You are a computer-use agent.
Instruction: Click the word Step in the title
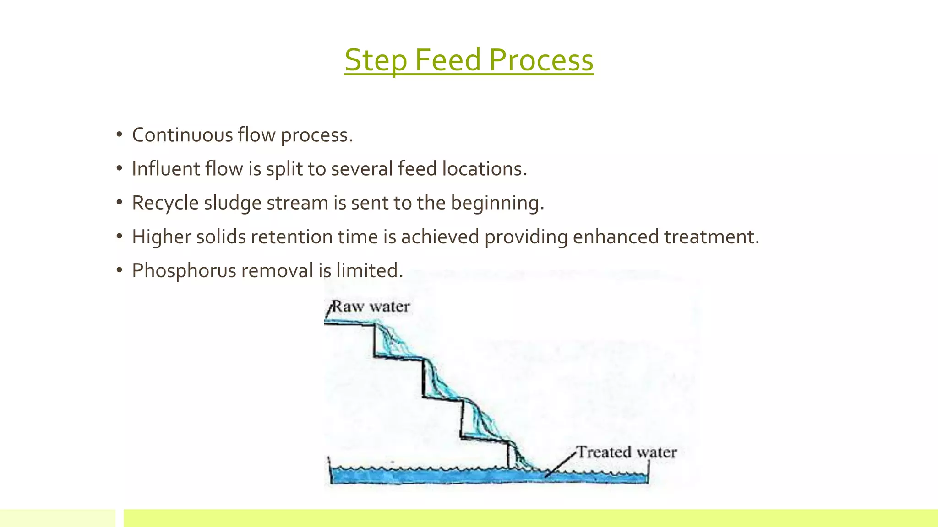click(375, 60)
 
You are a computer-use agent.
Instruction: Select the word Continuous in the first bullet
click(182, 135)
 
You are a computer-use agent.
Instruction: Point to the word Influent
click(166, 169)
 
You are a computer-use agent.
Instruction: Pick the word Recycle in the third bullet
click(165, 203)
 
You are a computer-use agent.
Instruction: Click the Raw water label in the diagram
click(370, 307)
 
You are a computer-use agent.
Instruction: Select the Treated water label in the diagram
click(626, 452)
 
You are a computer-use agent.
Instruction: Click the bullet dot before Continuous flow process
click(120, 135)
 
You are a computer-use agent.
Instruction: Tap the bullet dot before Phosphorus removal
click(120, 270)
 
